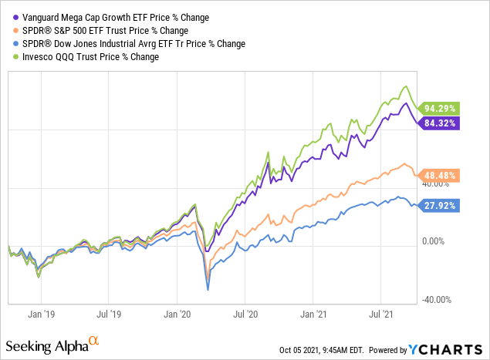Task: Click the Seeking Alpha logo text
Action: click(48, 343)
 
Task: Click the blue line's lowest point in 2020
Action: click(208, 290)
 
